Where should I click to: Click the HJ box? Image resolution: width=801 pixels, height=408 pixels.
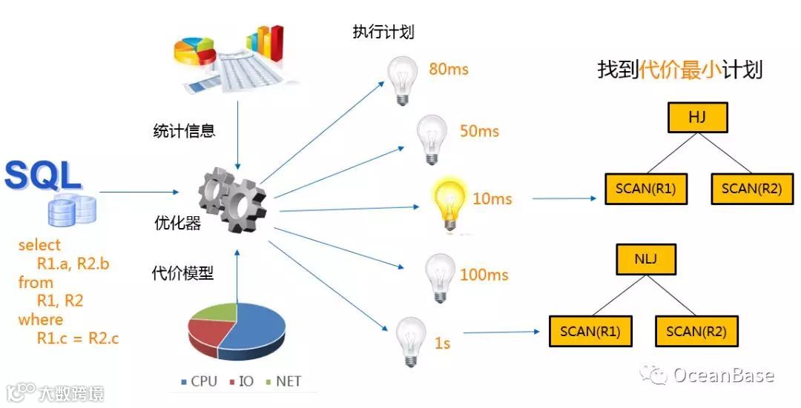coord(697,117)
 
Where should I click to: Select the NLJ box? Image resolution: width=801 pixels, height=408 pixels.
coord(646,259)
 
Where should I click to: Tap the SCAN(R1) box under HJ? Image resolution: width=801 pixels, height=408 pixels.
coord(646,188)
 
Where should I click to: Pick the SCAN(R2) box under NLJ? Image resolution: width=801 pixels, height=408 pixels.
coord(696,331)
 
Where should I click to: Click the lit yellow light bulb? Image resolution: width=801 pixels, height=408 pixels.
coord(449,201)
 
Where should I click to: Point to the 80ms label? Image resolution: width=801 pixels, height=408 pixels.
coord(449,70)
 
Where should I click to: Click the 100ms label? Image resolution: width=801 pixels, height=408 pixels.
coord(484,275)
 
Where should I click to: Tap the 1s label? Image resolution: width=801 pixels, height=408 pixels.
coord(442,343)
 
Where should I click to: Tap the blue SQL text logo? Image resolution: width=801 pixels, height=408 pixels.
coord(42,175)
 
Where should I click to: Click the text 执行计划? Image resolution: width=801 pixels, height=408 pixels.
coord(383,33)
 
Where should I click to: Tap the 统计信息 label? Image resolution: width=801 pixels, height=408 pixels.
coord(184,132)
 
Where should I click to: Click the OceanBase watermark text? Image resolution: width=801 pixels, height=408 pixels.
coord(722,375)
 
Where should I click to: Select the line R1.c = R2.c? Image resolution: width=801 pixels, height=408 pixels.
coord(78,338)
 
